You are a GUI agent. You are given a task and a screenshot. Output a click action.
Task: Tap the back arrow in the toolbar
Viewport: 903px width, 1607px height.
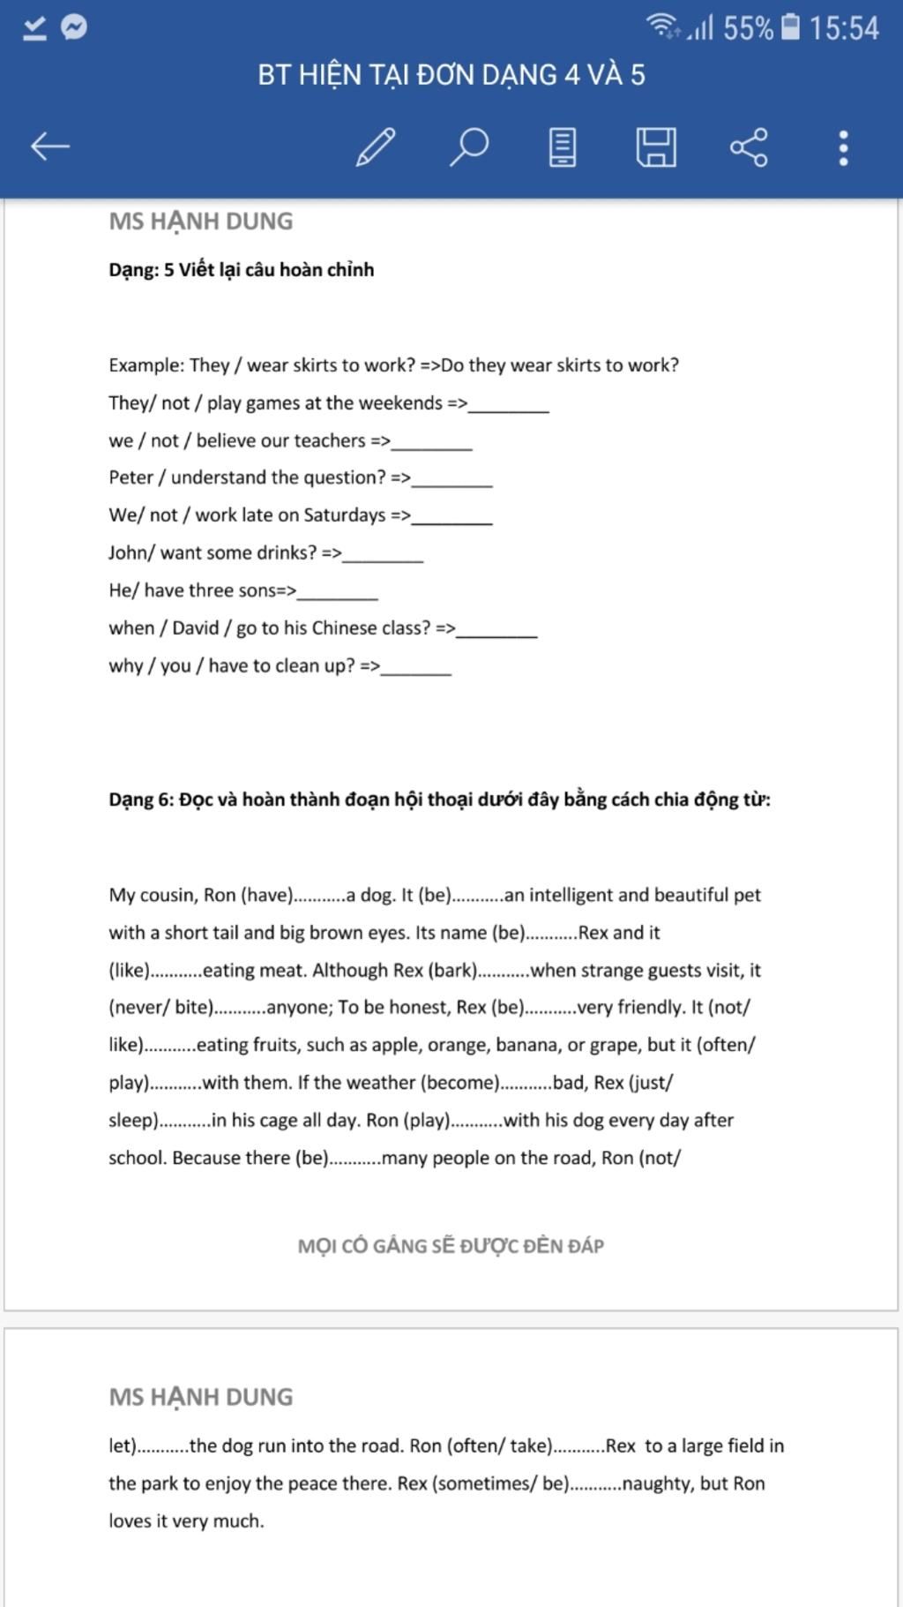(x=49, y=146)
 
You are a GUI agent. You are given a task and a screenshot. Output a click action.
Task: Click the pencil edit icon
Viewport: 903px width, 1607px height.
(x=376, y=146)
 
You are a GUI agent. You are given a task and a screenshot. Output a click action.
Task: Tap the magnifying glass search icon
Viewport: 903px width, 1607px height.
(x=469, y=146)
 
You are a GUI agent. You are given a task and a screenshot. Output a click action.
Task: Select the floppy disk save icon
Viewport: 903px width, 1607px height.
(x=656, y=146)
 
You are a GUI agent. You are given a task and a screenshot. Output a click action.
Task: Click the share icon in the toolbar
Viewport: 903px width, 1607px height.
(x=749, y=146)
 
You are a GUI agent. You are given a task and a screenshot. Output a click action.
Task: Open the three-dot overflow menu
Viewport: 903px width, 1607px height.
(x=843, y=147)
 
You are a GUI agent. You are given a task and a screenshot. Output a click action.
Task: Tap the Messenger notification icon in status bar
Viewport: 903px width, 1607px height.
(x=74, y=27)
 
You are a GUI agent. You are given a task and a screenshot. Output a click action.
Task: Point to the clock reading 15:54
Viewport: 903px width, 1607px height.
(x=844, y=28)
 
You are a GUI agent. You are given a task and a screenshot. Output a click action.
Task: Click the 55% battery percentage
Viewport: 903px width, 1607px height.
(x=748, y=28)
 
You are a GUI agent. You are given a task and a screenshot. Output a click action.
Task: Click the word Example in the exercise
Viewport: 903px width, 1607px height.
(x=146, y=365)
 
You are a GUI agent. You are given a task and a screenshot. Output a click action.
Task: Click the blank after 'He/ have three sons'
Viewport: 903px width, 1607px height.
(x=338, y=593)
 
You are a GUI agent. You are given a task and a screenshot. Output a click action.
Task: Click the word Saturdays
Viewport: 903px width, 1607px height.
(x=344, y=515)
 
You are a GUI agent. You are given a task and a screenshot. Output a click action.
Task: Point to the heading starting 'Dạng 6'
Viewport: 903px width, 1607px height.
(x=439, y=800)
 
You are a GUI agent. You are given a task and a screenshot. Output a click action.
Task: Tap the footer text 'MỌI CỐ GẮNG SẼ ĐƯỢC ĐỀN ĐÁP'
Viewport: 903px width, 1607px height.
(x=451, y=1246)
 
